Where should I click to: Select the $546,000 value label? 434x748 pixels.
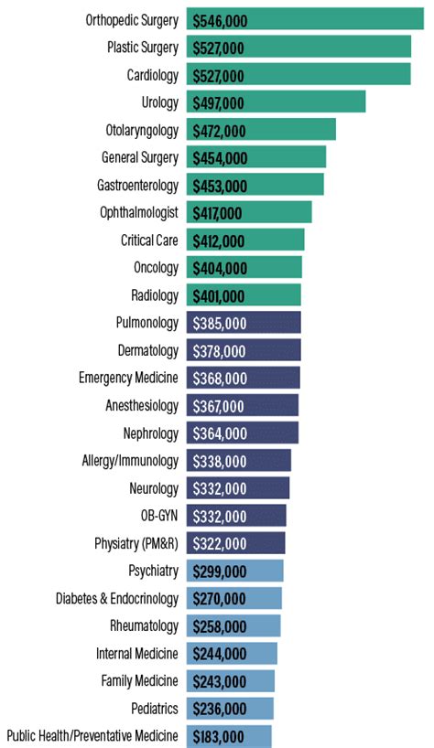coord(221,19)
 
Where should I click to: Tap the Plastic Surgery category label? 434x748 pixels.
coord(142,47)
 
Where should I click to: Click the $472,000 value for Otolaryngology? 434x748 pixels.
coord(221,130)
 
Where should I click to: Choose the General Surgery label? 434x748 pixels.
coord(140,157)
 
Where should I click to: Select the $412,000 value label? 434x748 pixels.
coord(219,241)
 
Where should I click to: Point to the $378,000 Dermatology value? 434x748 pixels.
coord(220,351)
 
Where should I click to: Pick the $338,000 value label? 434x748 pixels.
coord(220,462)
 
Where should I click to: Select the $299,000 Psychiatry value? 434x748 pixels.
coord(220,572)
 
